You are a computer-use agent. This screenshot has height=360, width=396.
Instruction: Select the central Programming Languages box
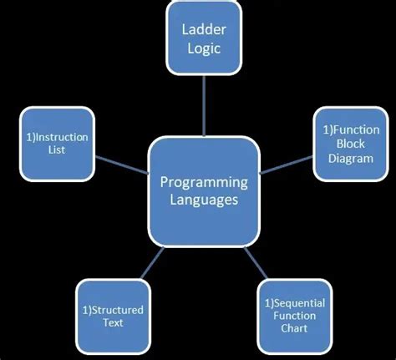[x=202, y=191]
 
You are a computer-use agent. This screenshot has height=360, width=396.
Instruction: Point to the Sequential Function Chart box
[x=294, y=316]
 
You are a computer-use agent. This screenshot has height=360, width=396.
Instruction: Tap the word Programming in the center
[x=203, y=181]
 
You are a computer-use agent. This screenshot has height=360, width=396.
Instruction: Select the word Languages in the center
[x=203, y=200]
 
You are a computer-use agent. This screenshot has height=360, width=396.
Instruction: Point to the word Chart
[x=294, y=329]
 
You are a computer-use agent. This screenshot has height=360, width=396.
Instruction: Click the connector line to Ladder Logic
[x=203, y=104]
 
